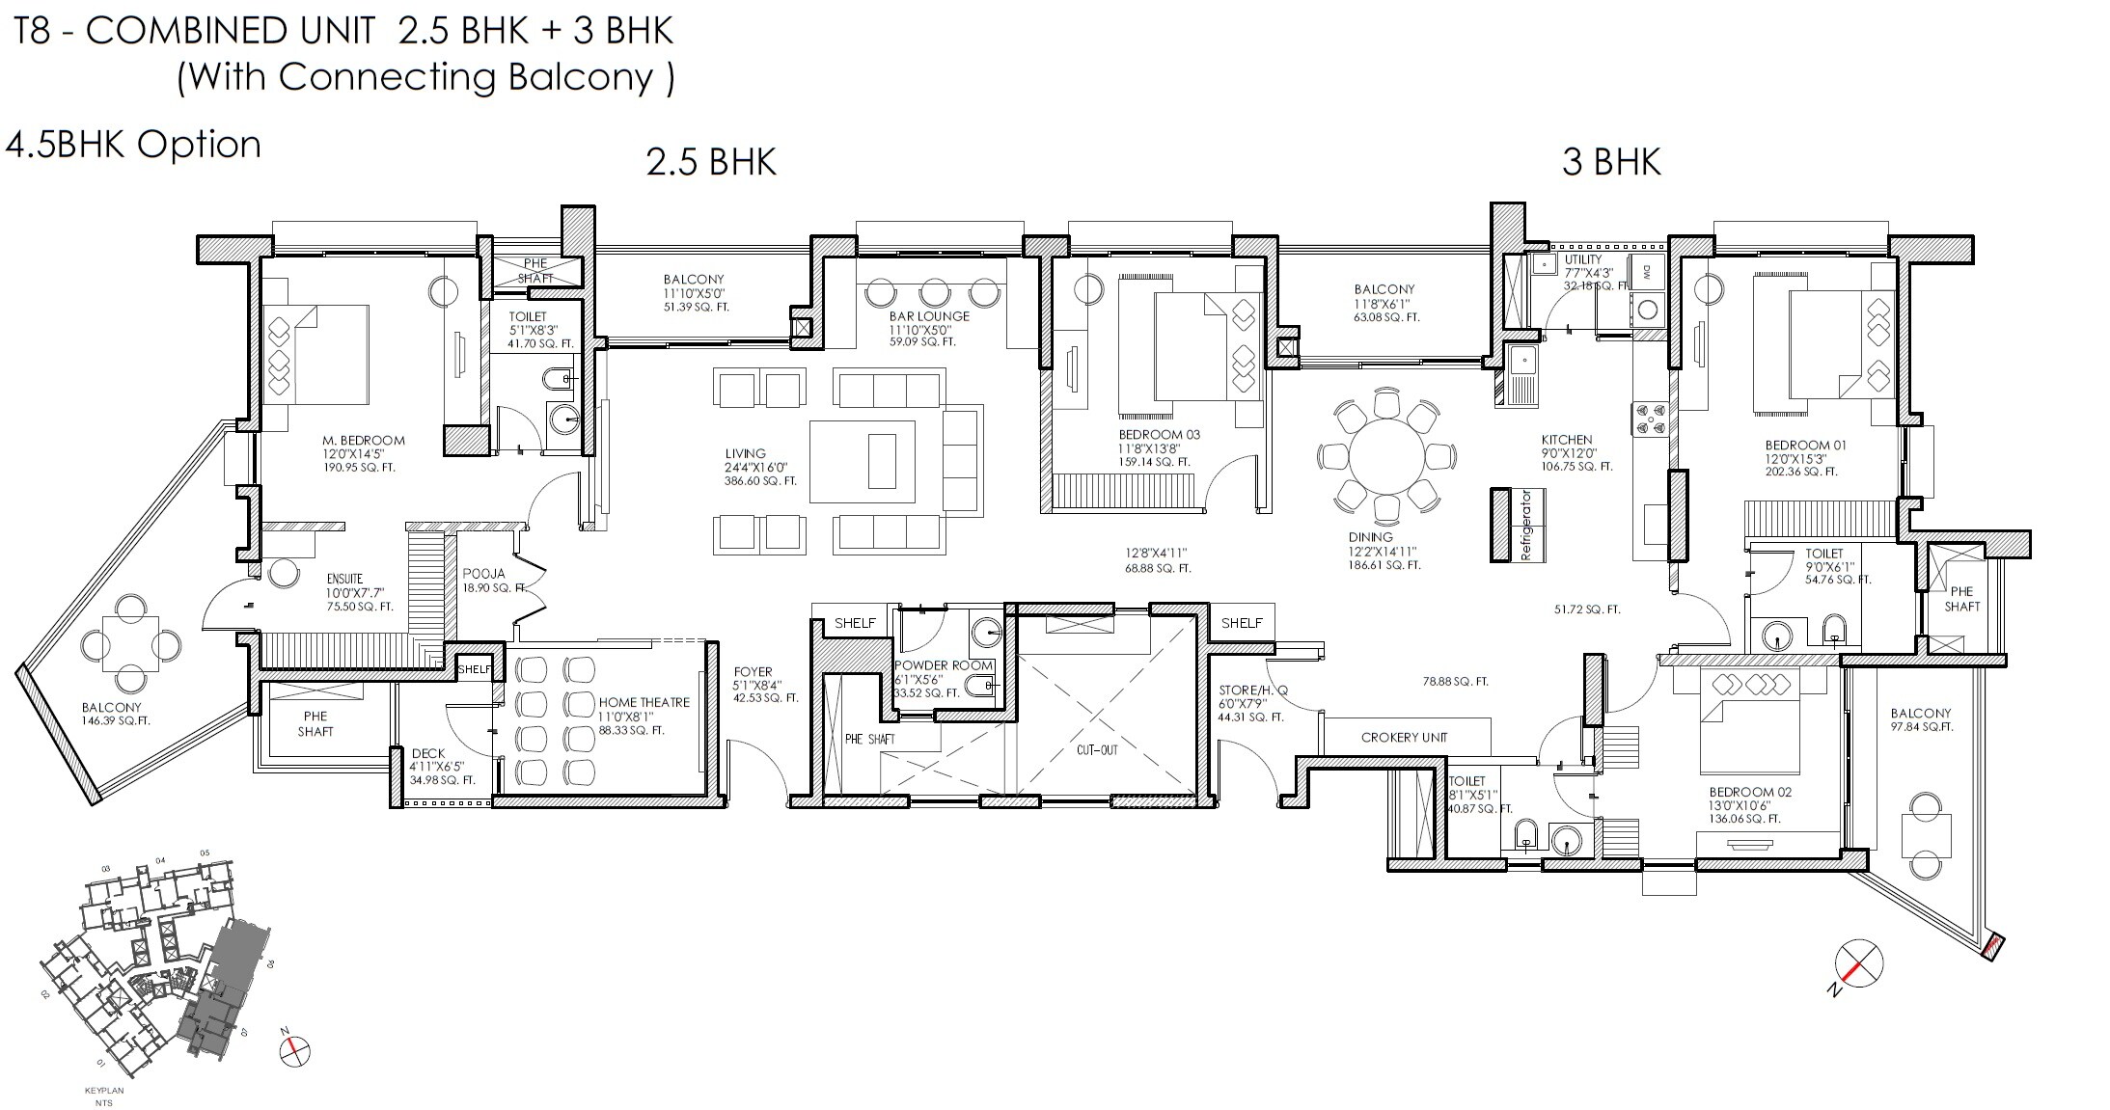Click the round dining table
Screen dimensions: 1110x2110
coord(1385,456)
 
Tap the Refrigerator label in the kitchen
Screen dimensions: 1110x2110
coord(1525,526)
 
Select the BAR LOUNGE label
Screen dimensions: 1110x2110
coord(929,316)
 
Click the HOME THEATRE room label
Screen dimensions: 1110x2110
coord(644,702)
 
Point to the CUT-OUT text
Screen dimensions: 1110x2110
coord(1097,749)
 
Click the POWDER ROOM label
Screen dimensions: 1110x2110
coord(943,665)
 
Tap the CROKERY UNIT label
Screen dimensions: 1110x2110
coord(1404,738)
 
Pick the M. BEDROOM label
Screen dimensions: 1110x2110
coord(363,441)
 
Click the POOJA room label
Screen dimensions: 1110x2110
coord(483,574)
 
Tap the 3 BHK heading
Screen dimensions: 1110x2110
coord(1611,161)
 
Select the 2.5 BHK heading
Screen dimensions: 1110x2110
coord(711,161)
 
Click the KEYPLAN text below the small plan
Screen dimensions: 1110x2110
coord(104,1091)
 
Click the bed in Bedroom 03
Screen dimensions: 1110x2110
coord(1189,347)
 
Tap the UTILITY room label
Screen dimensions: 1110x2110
coord(1582,259)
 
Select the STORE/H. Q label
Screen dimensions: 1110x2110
coord(1252,690)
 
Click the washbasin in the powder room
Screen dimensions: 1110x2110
coord(987,633)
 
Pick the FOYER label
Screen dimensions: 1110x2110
coord(753,672)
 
